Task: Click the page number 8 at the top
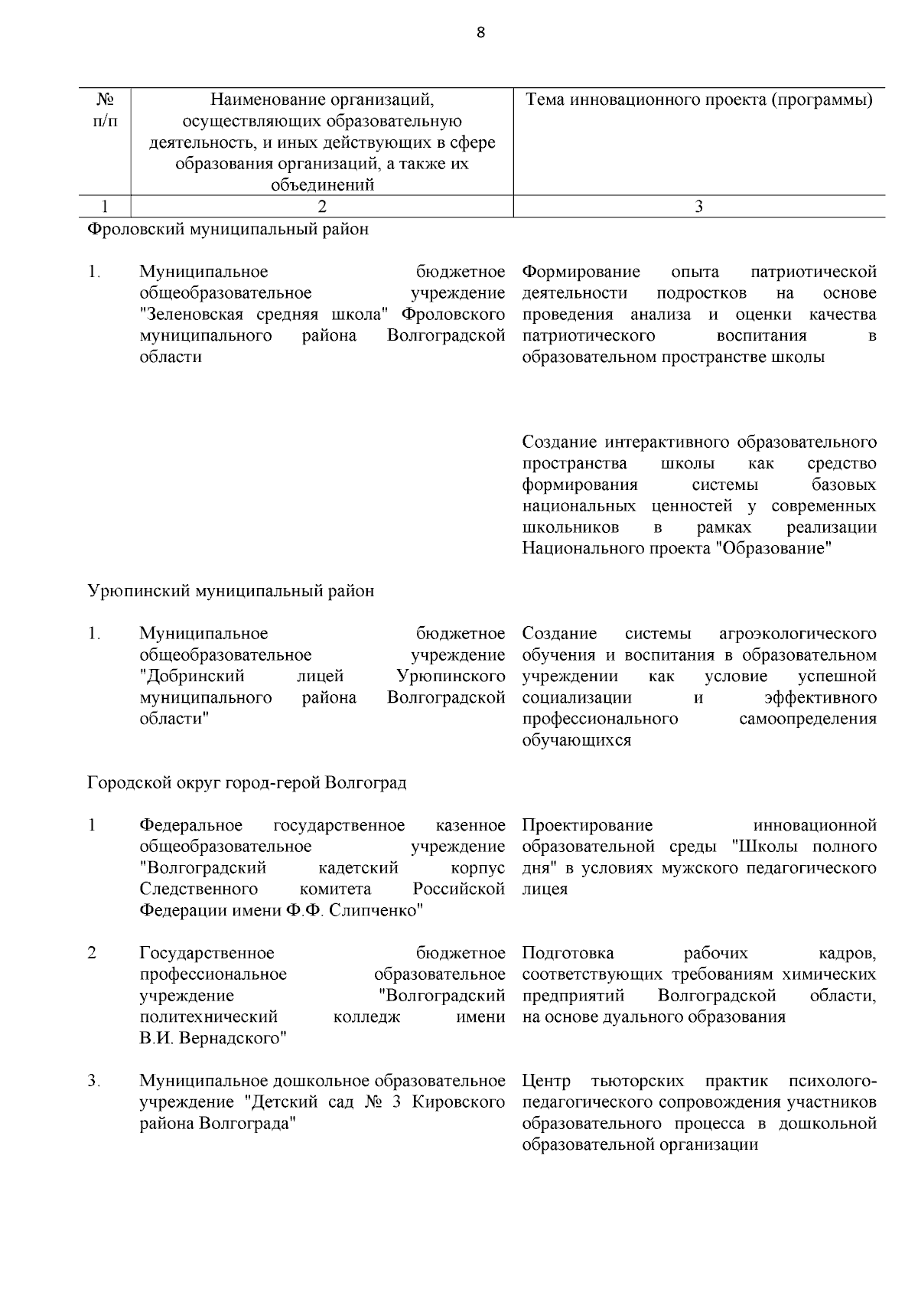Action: [x=480, y=32]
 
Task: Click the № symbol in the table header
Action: [x=106, y=100]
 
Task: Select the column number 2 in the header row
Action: [x=321, y=206]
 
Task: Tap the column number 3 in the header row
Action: [x=698, y=206]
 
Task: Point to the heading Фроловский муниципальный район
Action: [x=228, y=229]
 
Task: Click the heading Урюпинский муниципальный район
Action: [x=231, y=591]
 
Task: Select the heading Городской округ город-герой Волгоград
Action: [x=247, y=783]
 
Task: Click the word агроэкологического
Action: [x=798, y=634]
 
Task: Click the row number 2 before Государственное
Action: [x=92, y=953]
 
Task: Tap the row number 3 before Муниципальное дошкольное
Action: [x=93, y=1082]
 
